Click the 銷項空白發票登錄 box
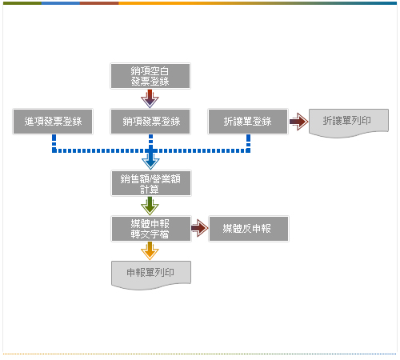coord(150,76)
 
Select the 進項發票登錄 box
coord(53,122)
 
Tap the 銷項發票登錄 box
coord(150,122)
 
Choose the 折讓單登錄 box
coord(248,122)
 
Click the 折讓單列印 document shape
coord(349,122)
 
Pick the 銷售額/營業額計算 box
coord(151,183)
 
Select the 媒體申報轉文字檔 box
coord(151,229)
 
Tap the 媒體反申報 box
coord(249,229)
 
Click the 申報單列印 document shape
coord(151,274)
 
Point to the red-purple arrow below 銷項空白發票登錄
coord(150,98)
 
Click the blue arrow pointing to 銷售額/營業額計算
coord(150,159)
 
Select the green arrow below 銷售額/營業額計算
coord(150,206)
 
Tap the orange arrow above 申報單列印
coord(150,251)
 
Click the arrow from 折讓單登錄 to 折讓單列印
coord(298,122)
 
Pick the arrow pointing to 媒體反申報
coord(200,228)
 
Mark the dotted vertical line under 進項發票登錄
coord(54,143)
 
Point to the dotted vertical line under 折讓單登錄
coord(248,143)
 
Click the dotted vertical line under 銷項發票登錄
coord(150,142)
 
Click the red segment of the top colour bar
coord(99,3)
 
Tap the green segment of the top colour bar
coord(22,3)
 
